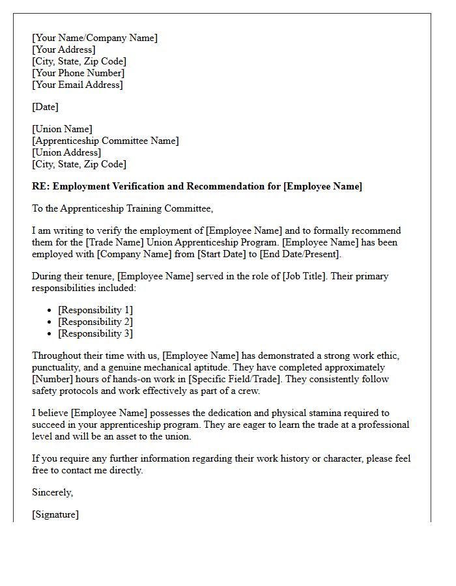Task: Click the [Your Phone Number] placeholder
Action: pos(78,73)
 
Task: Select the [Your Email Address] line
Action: pos(77,85)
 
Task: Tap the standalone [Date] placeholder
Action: pos(45,107)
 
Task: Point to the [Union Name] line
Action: pos(62,129)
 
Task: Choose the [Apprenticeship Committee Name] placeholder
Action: pos(105,141)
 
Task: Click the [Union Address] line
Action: pos(66,152)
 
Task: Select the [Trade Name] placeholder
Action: pos(112,242)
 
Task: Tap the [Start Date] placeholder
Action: pos(222,254)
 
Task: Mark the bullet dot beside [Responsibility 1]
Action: pos(50,311)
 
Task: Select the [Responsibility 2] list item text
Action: pos(95,322)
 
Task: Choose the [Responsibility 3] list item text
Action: pos(95,333)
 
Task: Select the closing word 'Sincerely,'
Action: pos(53,492)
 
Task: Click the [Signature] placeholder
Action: pos(55,514)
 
